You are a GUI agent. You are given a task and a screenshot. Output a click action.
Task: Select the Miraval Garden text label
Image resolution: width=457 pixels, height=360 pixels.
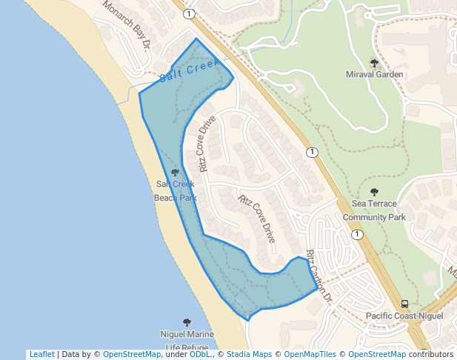coord(375,74)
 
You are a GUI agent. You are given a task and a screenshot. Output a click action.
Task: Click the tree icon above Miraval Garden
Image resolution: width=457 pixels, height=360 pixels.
coord(374,62)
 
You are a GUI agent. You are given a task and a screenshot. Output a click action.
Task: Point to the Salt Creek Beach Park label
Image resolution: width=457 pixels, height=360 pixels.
coord(176,190)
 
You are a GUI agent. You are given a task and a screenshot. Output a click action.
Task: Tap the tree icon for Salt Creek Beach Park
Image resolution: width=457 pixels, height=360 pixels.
coord(175,173)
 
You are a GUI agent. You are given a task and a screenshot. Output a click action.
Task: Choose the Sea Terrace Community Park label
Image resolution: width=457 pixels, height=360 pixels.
coord(374,210)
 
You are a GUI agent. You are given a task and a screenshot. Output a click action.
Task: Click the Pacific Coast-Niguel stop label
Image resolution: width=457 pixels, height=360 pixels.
coord(404,316)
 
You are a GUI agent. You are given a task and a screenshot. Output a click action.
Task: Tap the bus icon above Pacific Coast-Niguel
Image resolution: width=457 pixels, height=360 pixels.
coord(404,304)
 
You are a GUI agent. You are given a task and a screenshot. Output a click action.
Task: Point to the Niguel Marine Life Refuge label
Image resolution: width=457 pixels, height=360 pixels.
coord(187,340)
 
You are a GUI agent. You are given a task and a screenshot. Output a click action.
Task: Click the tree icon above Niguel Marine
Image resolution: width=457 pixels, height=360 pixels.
coord(187,322)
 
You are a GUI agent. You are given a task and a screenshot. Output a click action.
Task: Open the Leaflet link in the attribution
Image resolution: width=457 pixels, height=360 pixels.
coord(41,354)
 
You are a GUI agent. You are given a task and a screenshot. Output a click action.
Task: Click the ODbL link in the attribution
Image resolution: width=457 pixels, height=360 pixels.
coord(200,354)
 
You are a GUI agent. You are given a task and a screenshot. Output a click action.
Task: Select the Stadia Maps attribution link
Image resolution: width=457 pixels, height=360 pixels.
coord(249,354)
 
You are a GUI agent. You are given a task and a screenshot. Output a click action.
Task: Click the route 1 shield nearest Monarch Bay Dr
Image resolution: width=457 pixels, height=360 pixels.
coord(190,14)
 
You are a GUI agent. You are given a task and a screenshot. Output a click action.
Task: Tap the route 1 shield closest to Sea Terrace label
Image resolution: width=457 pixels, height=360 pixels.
coord(358,234)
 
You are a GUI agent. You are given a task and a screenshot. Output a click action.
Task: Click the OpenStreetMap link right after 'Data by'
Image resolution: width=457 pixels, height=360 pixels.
coord(132,354)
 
